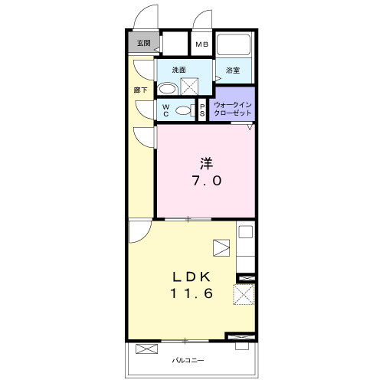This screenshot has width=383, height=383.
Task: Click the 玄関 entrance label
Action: pos(144,43)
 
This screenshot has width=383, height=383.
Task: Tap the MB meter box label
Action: pos(202,44)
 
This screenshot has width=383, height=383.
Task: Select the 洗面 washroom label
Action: pos(178,70)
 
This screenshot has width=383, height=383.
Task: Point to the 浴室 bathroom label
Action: pos(233,70)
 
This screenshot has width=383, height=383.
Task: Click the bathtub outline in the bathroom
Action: pos(234,44)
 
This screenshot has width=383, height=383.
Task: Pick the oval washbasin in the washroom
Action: pos(167,90)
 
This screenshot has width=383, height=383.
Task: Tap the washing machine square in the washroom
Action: pos(189,87)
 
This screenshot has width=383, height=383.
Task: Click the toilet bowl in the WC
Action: pos(183,110)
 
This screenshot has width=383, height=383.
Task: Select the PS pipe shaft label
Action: pos(202,110)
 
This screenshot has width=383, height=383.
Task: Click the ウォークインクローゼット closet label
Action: pos(233,109)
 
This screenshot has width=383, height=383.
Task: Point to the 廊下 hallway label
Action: pos(141,90)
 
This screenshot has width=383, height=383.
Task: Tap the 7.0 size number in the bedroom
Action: pos(207,181)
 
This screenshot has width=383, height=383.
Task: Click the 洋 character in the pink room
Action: pos(207,164)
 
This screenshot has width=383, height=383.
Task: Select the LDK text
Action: pos(191,277)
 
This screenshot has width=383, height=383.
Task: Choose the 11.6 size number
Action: pos(191,293)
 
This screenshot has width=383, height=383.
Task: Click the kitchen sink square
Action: pos(246,232)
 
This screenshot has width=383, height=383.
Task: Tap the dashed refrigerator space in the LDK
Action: pos(244,294)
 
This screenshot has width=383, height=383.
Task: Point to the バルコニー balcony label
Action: pos(188,361)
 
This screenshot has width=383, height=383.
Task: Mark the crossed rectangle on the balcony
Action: pos(146,349)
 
